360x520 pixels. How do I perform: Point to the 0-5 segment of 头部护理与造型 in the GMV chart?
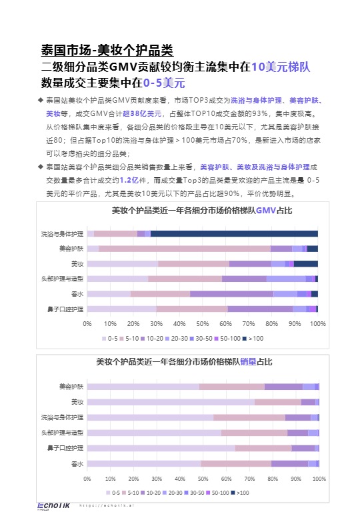click(x=118, y=279)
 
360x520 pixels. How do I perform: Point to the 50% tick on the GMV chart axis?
click(x=203, y=323)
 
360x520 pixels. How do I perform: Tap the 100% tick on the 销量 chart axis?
click(x=319, y=478)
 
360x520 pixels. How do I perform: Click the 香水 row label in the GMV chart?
click(x=77, y=294)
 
